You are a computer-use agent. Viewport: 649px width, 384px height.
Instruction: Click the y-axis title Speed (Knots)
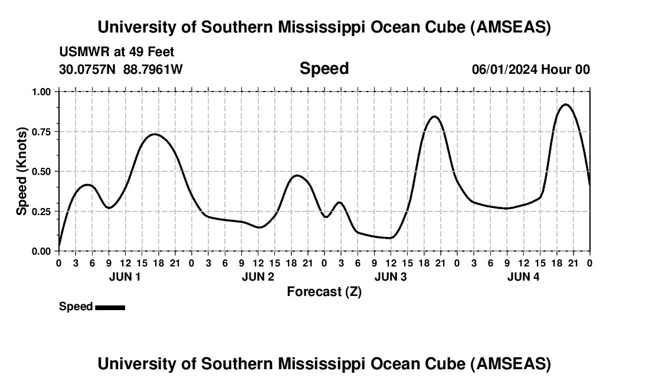(x=22, y=171)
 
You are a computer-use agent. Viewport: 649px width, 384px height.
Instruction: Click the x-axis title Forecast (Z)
(x=324, y=291)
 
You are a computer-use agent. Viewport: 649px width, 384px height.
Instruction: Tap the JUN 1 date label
(x=125, y=277)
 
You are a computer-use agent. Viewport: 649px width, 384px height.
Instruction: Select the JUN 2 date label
(x=258, y=277)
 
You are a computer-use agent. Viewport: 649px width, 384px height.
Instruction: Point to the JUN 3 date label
(x=391, y=277)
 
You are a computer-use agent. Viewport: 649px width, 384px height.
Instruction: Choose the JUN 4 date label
(x=523, y=277)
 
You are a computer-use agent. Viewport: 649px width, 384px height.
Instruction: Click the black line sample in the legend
(x=110, y=307)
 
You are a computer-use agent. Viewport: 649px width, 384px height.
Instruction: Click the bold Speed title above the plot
(x=324, y=69)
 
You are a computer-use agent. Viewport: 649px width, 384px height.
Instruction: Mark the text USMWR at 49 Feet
(x=117, y=52)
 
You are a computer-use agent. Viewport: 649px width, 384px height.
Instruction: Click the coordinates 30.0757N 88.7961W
(x=121, y=69)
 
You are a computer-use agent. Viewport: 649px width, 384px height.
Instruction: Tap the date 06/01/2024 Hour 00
(x=530, y=69)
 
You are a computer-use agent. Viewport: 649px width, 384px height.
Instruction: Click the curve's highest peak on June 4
(x=565, y=105)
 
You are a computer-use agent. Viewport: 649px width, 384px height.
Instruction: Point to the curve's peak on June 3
(x=434, y=116)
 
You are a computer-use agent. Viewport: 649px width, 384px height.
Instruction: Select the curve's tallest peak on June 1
(x=154, y=134)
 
